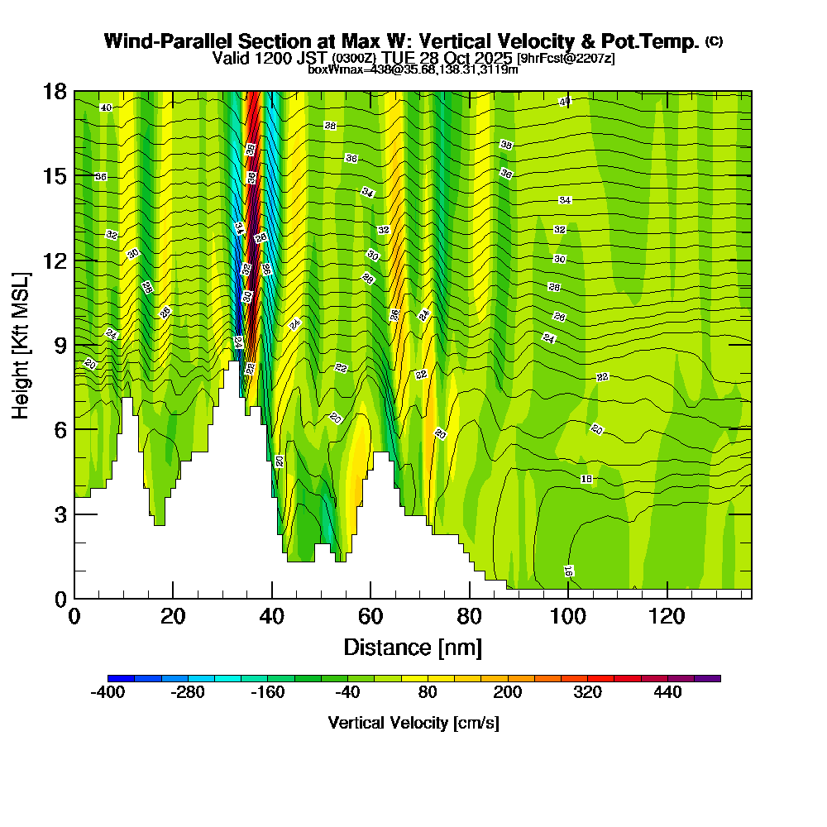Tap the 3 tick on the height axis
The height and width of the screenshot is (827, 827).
60,514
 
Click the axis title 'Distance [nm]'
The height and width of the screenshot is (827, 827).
413,646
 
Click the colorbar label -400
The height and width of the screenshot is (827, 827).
108,692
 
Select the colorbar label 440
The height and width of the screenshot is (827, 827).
667,692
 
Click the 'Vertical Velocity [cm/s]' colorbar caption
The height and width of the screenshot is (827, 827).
413,723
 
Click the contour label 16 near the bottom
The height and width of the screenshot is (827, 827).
568,571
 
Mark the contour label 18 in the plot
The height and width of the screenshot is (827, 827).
586,479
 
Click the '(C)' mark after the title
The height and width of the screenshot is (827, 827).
714,41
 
